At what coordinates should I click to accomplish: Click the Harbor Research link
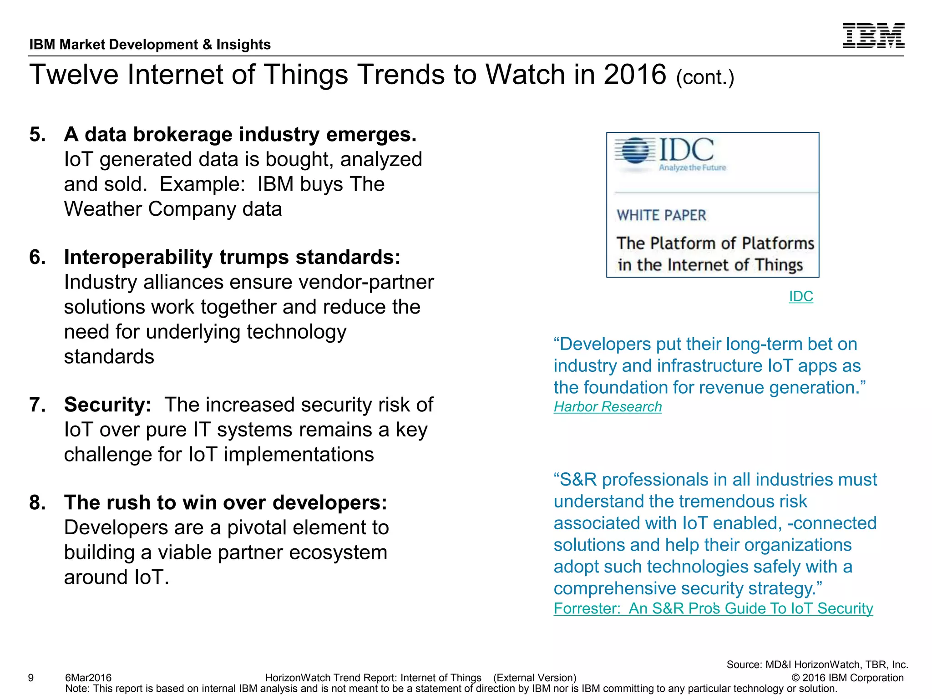[x=607, y=406]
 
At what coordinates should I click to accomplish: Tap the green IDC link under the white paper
[x=800, y=296]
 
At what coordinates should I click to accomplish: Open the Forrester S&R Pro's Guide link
[x=713, y=608]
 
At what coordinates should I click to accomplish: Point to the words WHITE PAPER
[x=661, y=215]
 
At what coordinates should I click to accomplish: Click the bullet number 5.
[x=37, y=135]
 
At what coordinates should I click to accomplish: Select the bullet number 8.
[x=37, y=503]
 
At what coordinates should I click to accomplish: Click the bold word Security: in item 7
[x=107, y=405]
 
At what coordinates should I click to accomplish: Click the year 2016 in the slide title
[x=634, y=75]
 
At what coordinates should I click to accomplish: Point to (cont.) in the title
[x=704, y=77]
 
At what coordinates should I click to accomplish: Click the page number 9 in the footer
[x=31, y=678]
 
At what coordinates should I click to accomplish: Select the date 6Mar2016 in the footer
[x=88, y=678]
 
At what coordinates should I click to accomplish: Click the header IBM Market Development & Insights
[x=150, y=45]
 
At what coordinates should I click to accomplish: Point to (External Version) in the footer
[x=534, y=678]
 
